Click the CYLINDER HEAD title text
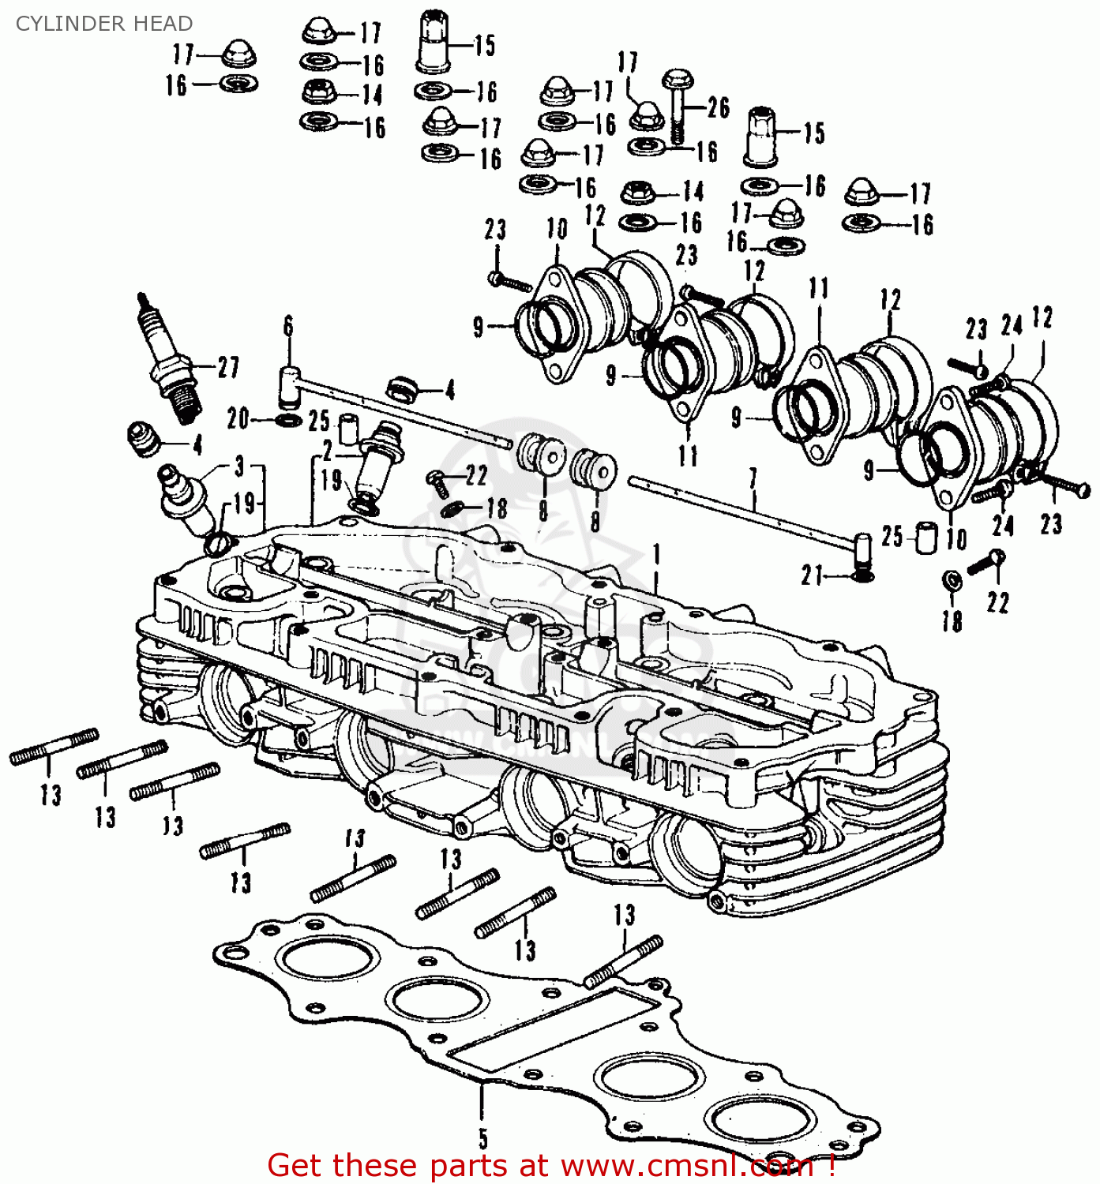[x=103, y=24]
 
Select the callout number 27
[x=228, y=367]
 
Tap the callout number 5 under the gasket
[x=482, y=1139]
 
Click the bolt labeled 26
[x=678, y=106]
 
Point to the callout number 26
[x=718, y=107]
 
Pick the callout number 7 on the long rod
[x=753, y=478]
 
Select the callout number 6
[x=288, y=326]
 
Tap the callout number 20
[x=238, y=418]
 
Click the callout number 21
[x=812, y=575]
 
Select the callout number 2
[x=328, y=451]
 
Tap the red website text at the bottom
[x=550, y=1166]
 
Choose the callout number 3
[x=239, y=466]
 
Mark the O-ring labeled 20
[x=288, y=418]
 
